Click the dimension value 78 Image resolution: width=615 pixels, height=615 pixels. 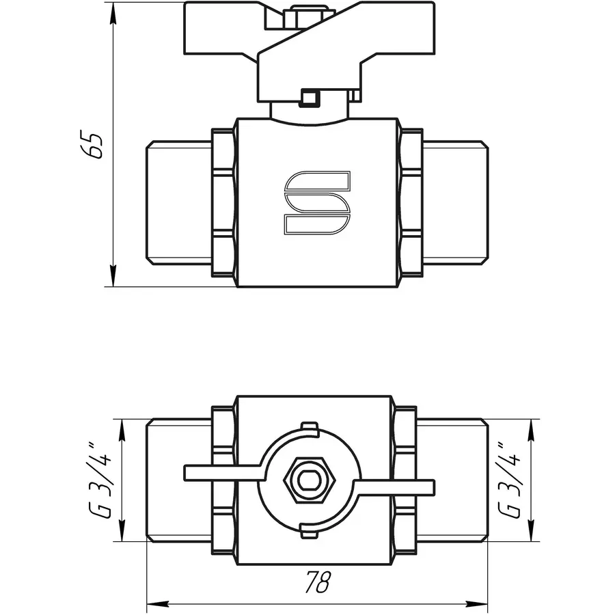click(318, 583)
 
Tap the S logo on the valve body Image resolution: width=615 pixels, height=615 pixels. click(318, 202)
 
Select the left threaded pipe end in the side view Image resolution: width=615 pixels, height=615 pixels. click(178, 202)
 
